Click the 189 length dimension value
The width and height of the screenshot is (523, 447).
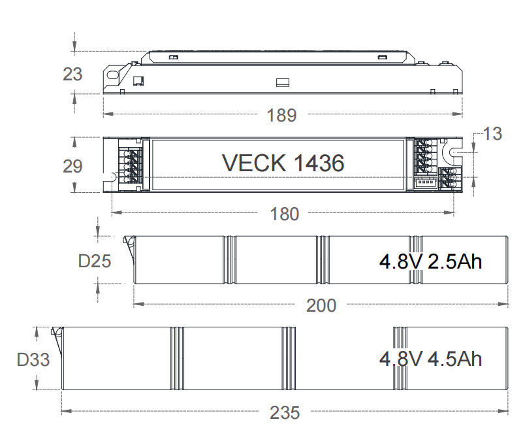coord(281,115)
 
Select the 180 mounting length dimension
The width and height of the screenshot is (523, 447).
coord(284,214)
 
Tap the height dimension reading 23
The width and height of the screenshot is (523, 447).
coord(72,74)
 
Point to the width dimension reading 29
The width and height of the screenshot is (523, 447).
coord(72,166)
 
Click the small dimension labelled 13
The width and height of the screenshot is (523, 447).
coord(492,133)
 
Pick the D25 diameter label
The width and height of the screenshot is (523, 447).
coord(95,261)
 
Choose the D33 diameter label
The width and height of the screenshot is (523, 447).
coord(33,359)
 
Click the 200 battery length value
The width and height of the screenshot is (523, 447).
coord(321,305)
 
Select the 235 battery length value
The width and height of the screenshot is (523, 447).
coord(285,412)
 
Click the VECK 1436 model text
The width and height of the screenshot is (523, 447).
coord(283,163)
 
